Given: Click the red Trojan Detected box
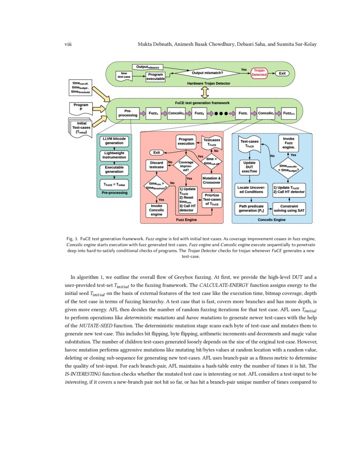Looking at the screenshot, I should (259, 73).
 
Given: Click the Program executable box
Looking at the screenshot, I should (155, 77).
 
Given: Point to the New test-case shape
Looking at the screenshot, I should (124, 75).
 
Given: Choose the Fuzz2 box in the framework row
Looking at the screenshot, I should (199, 114).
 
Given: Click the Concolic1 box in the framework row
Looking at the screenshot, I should (177, 114).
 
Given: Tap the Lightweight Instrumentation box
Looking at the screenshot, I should (114, 155).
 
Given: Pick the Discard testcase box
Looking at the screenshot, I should (156, 165).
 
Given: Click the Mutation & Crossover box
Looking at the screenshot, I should (211, 180).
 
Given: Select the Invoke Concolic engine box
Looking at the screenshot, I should (156, 210).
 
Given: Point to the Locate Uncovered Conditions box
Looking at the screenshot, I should (251, 189).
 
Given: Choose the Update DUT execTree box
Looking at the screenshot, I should (250, 167).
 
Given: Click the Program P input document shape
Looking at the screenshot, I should (81, 108).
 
